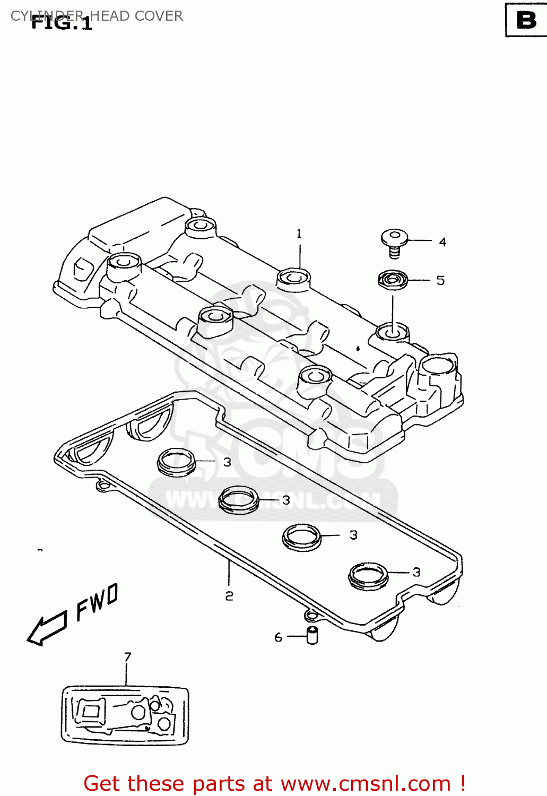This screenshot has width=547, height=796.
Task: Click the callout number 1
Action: pyautogui.click(x=299, y=233)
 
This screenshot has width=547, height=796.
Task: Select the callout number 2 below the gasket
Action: pyautogui.click(x=229, y=596)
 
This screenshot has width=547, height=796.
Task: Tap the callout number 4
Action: pyautogui.click(x=442, y=242)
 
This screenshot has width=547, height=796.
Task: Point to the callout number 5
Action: pyautogui.click(x=440, y=280)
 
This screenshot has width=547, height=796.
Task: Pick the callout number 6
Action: pyautogui.click(x=278, y=637)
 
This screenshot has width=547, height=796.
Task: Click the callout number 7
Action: pyautogui.click(x=127, y=657)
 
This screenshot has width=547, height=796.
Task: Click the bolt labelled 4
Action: pyautogui.click(x=394, y=242)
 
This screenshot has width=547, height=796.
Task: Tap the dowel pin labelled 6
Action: pyautogui.click(x=312, y=635)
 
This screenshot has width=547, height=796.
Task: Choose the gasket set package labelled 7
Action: pyautogui.click(x=125, y=715)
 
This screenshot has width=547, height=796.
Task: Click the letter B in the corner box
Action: pyautogui.click(x=526, y=20)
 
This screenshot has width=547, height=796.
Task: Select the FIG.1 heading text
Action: pyautogui.click(x=62, y=23)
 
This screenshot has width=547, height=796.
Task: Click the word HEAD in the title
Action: pyautogui.click(x=110, y=16)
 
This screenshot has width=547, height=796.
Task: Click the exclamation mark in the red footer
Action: pyautogui.click(x=463, y=783)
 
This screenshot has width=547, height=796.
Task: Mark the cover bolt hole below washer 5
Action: pyautogui.click(x=393, y=332)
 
